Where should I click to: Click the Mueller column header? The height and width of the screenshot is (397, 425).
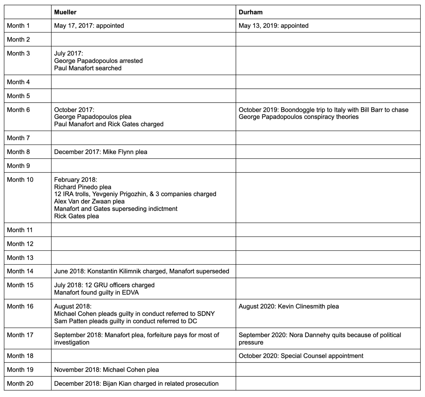(65, 12)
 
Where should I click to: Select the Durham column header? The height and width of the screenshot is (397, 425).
(250, 12)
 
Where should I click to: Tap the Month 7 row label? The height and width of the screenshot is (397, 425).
(18, 138)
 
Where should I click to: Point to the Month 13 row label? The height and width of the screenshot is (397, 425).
(20, 258)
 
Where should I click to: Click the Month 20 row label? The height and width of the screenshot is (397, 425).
(20, 384)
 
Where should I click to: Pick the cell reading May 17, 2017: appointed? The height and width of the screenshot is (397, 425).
(89, 26)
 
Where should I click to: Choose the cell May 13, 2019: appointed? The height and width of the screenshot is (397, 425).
(273, 26)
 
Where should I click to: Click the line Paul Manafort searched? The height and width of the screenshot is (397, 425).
(88, 68)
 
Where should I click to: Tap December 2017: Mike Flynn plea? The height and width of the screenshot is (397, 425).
(101, 152)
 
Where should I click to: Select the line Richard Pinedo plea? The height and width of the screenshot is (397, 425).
(82, 187)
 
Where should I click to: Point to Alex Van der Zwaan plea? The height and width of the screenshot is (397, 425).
(89, 201)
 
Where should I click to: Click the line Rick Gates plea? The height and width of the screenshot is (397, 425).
(76, 216)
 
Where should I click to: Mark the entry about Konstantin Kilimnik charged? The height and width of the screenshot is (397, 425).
(141, 271)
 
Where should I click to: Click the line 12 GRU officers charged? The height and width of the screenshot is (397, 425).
(104, 285)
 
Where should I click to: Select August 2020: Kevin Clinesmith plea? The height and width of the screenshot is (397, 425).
(288, 306)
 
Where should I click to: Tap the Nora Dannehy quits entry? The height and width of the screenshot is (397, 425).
(320, 335)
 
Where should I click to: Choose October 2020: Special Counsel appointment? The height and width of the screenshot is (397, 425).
(301, 356)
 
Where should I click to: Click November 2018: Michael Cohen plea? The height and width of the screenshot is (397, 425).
(106, 370)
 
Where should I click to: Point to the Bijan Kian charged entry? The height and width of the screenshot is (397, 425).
(136, 384)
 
